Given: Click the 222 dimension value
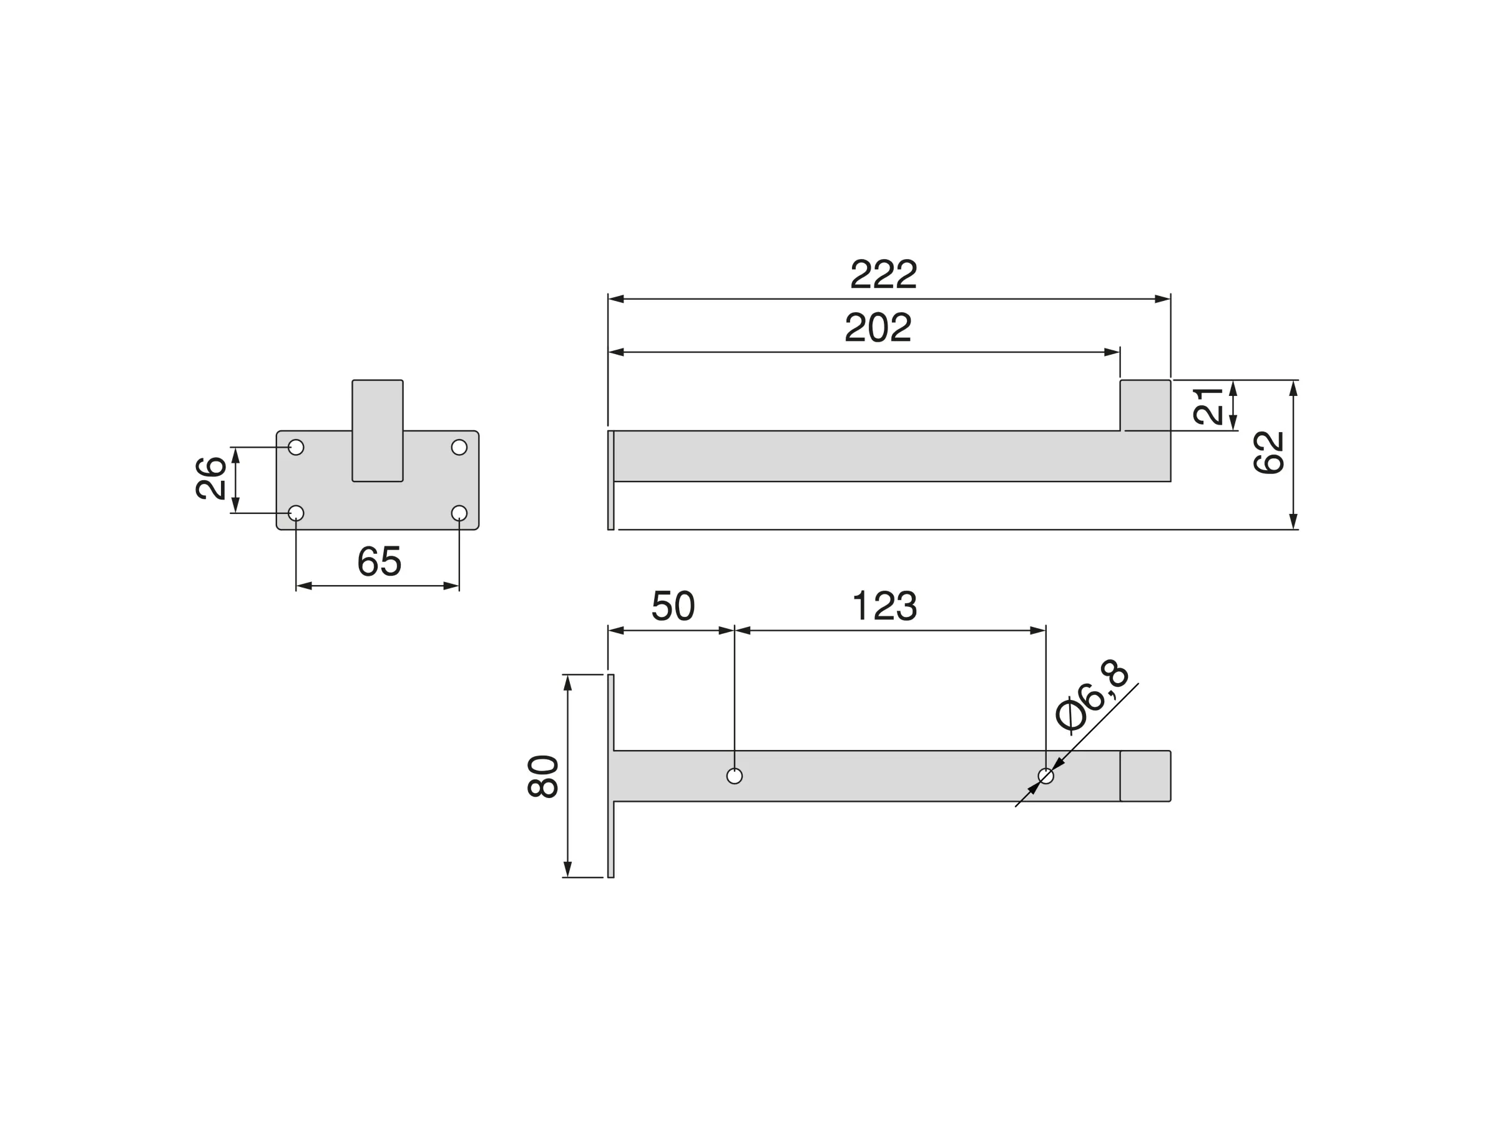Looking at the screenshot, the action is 883,274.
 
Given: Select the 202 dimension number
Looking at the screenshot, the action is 878,327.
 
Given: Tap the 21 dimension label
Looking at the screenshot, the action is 1208,406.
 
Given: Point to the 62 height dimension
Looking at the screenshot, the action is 1268,453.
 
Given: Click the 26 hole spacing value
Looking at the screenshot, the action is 210,479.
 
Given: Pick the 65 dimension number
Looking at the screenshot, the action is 379,561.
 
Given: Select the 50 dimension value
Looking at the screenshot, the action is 673,606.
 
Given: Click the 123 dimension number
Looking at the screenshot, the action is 884,606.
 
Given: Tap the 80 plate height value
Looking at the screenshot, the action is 542,776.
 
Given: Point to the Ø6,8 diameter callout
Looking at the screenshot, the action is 1092,696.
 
